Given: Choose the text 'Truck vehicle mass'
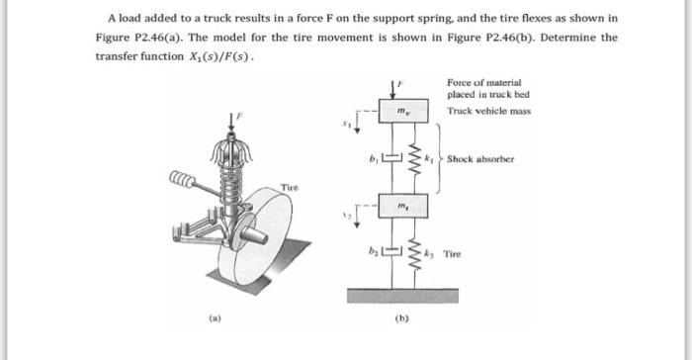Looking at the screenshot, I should click(x=488, y=112).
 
